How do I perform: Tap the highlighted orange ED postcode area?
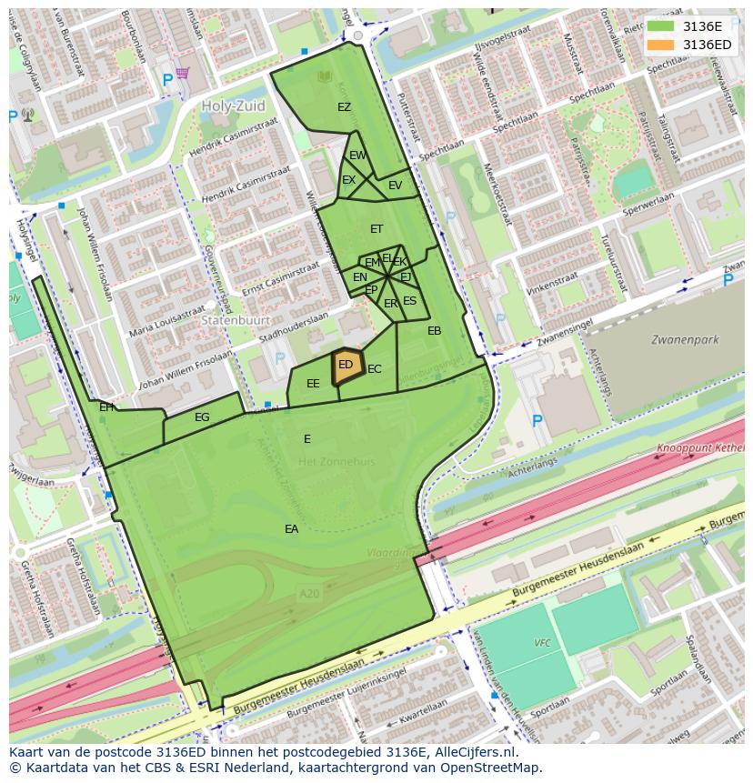[346, 366]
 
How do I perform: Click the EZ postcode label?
[344, 107]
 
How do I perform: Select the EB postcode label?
[434, 331]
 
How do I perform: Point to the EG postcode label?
[202, 417]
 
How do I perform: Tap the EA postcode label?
[291, 528]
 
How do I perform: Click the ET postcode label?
[376, 229]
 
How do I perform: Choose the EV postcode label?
[395, 186]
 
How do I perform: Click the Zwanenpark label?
[685, 340]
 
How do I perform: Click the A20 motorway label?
[309, 593]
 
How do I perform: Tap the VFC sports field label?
[542, 643]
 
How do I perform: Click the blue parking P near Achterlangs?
[537, 420]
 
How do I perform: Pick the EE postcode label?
[313, 384]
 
